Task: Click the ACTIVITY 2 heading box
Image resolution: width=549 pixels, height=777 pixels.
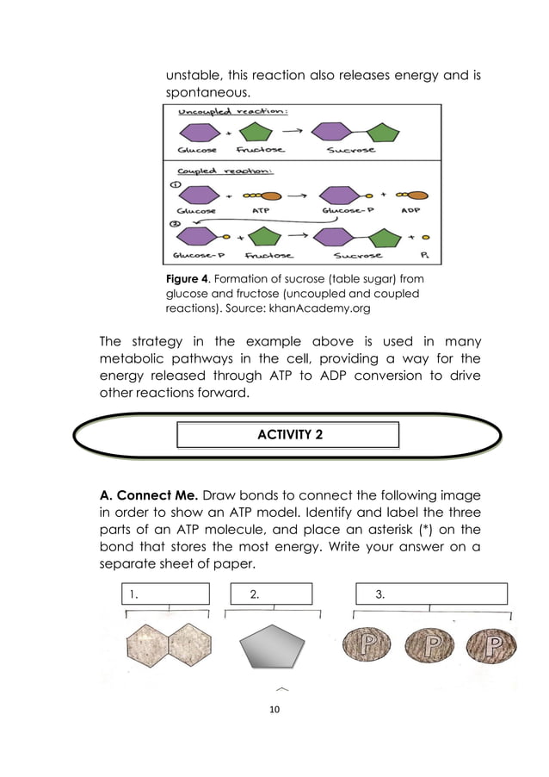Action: click(288, 434)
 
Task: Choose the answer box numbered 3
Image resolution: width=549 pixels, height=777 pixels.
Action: click(431, 594)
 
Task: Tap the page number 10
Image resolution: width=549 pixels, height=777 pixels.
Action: click(274, 710)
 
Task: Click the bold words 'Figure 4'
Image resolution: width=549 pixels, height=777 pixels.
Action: click(187, 278)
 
